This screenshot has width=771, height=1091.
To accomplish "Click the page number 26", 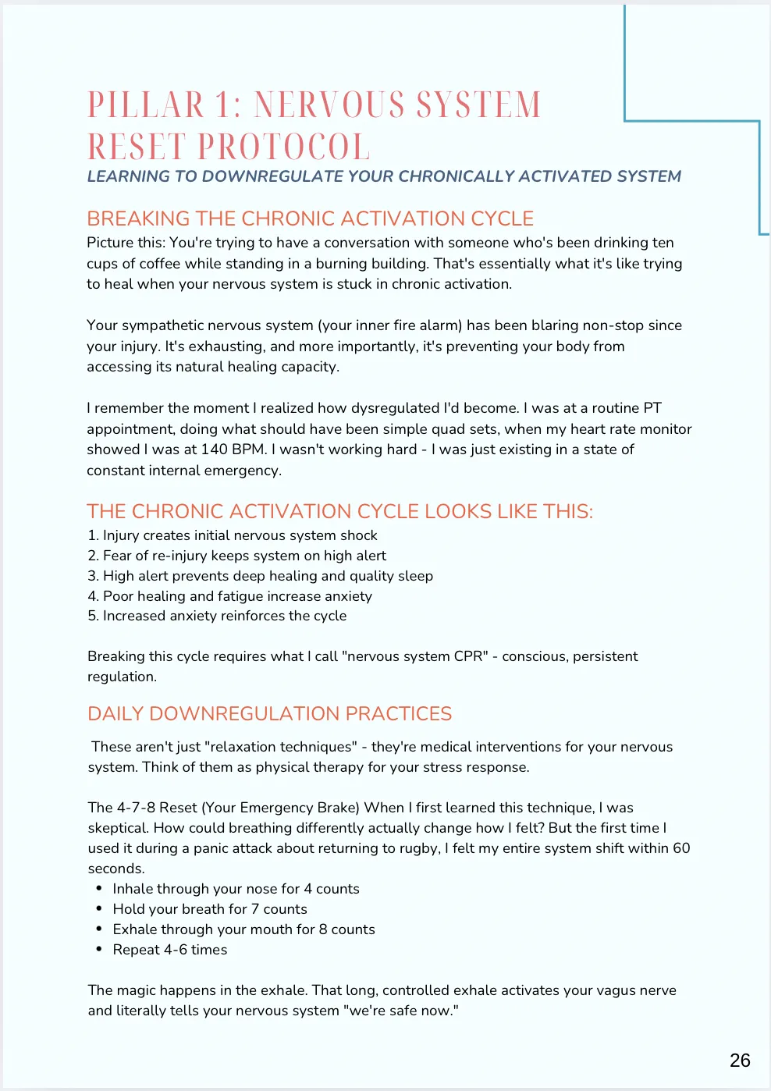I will (740, 1060).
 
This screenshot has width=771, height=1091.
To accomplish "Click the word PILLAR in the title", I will (146, 105).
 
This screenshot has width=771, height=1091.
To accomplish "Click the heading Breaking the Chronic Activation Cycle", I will (311, 219).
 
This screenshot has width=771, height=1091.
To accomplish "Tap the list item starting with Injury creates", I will (232, 535).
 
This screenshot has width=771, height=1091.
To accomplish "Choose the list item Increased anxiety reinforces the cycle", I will (217, 616).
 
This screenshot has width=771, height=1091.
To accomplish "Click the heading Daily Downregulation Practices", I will (270, 713).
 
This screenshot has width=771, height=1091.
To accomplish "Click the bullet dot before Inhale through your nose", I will (99, 889).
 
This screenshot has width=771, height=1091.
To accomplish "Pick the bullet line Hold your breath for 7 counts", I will (210, 909).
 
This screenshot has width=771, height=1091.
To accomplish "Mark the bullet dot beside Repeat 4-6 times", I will (99, 950).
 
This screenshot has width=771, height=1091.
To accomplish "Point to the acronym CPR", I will (469, 656).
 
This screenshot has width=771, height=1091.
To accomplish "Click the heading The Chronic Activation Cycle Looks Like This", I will (340, 511).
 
